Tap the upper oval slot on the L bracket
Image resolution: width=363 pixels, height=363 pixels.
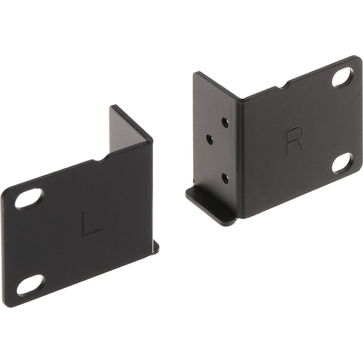click(29, 197)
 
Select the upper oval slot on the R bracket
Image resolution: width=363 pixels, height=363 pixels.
click(343, 77)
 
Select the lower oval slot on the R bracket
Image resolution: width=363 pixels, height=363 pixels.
click(343, 162)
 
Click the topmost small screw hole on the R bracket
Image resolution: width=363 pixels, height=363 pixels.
click(225, 122)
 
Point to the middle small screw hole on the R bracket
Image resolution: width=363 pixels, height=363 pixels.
click(210, 139)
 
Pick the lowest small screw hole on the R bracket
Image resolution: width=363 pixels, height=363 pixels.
click(225, 178)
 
